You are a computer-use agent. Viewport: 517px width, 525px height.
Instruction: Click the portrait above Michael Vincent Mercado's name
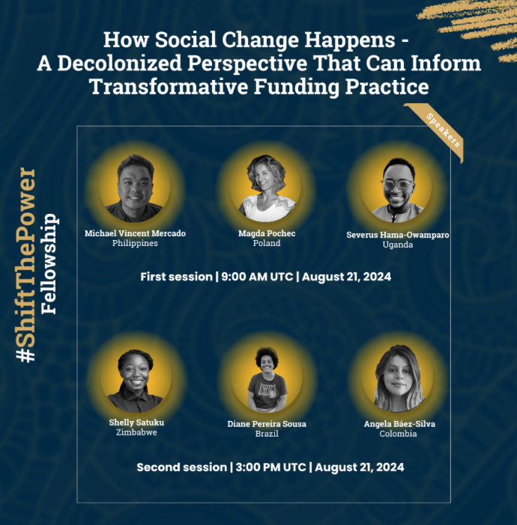[135, 187]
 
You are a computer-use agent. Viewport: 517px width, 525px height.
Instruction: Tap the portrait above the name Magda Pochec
[267, 187]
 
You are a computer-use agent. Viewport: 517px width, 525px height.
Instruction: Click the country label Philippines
[135, 243]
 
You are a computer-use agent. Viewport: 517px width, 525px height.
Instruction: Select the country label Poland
[267, 243]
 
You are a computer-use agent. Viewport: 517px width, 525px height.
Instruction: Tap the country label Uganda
[398, 245]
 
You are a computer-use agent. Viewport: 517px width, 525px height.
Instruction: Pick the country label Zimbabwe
[136, 432]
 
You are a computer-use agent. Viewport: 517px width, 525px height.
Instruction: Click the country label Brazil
[267, 434]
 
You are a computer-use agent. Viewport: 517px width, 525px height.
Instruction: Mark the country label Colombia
[398, 434]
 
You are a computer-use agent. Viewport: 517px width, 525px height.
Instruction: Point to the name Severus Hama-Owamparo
[398, 235]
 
